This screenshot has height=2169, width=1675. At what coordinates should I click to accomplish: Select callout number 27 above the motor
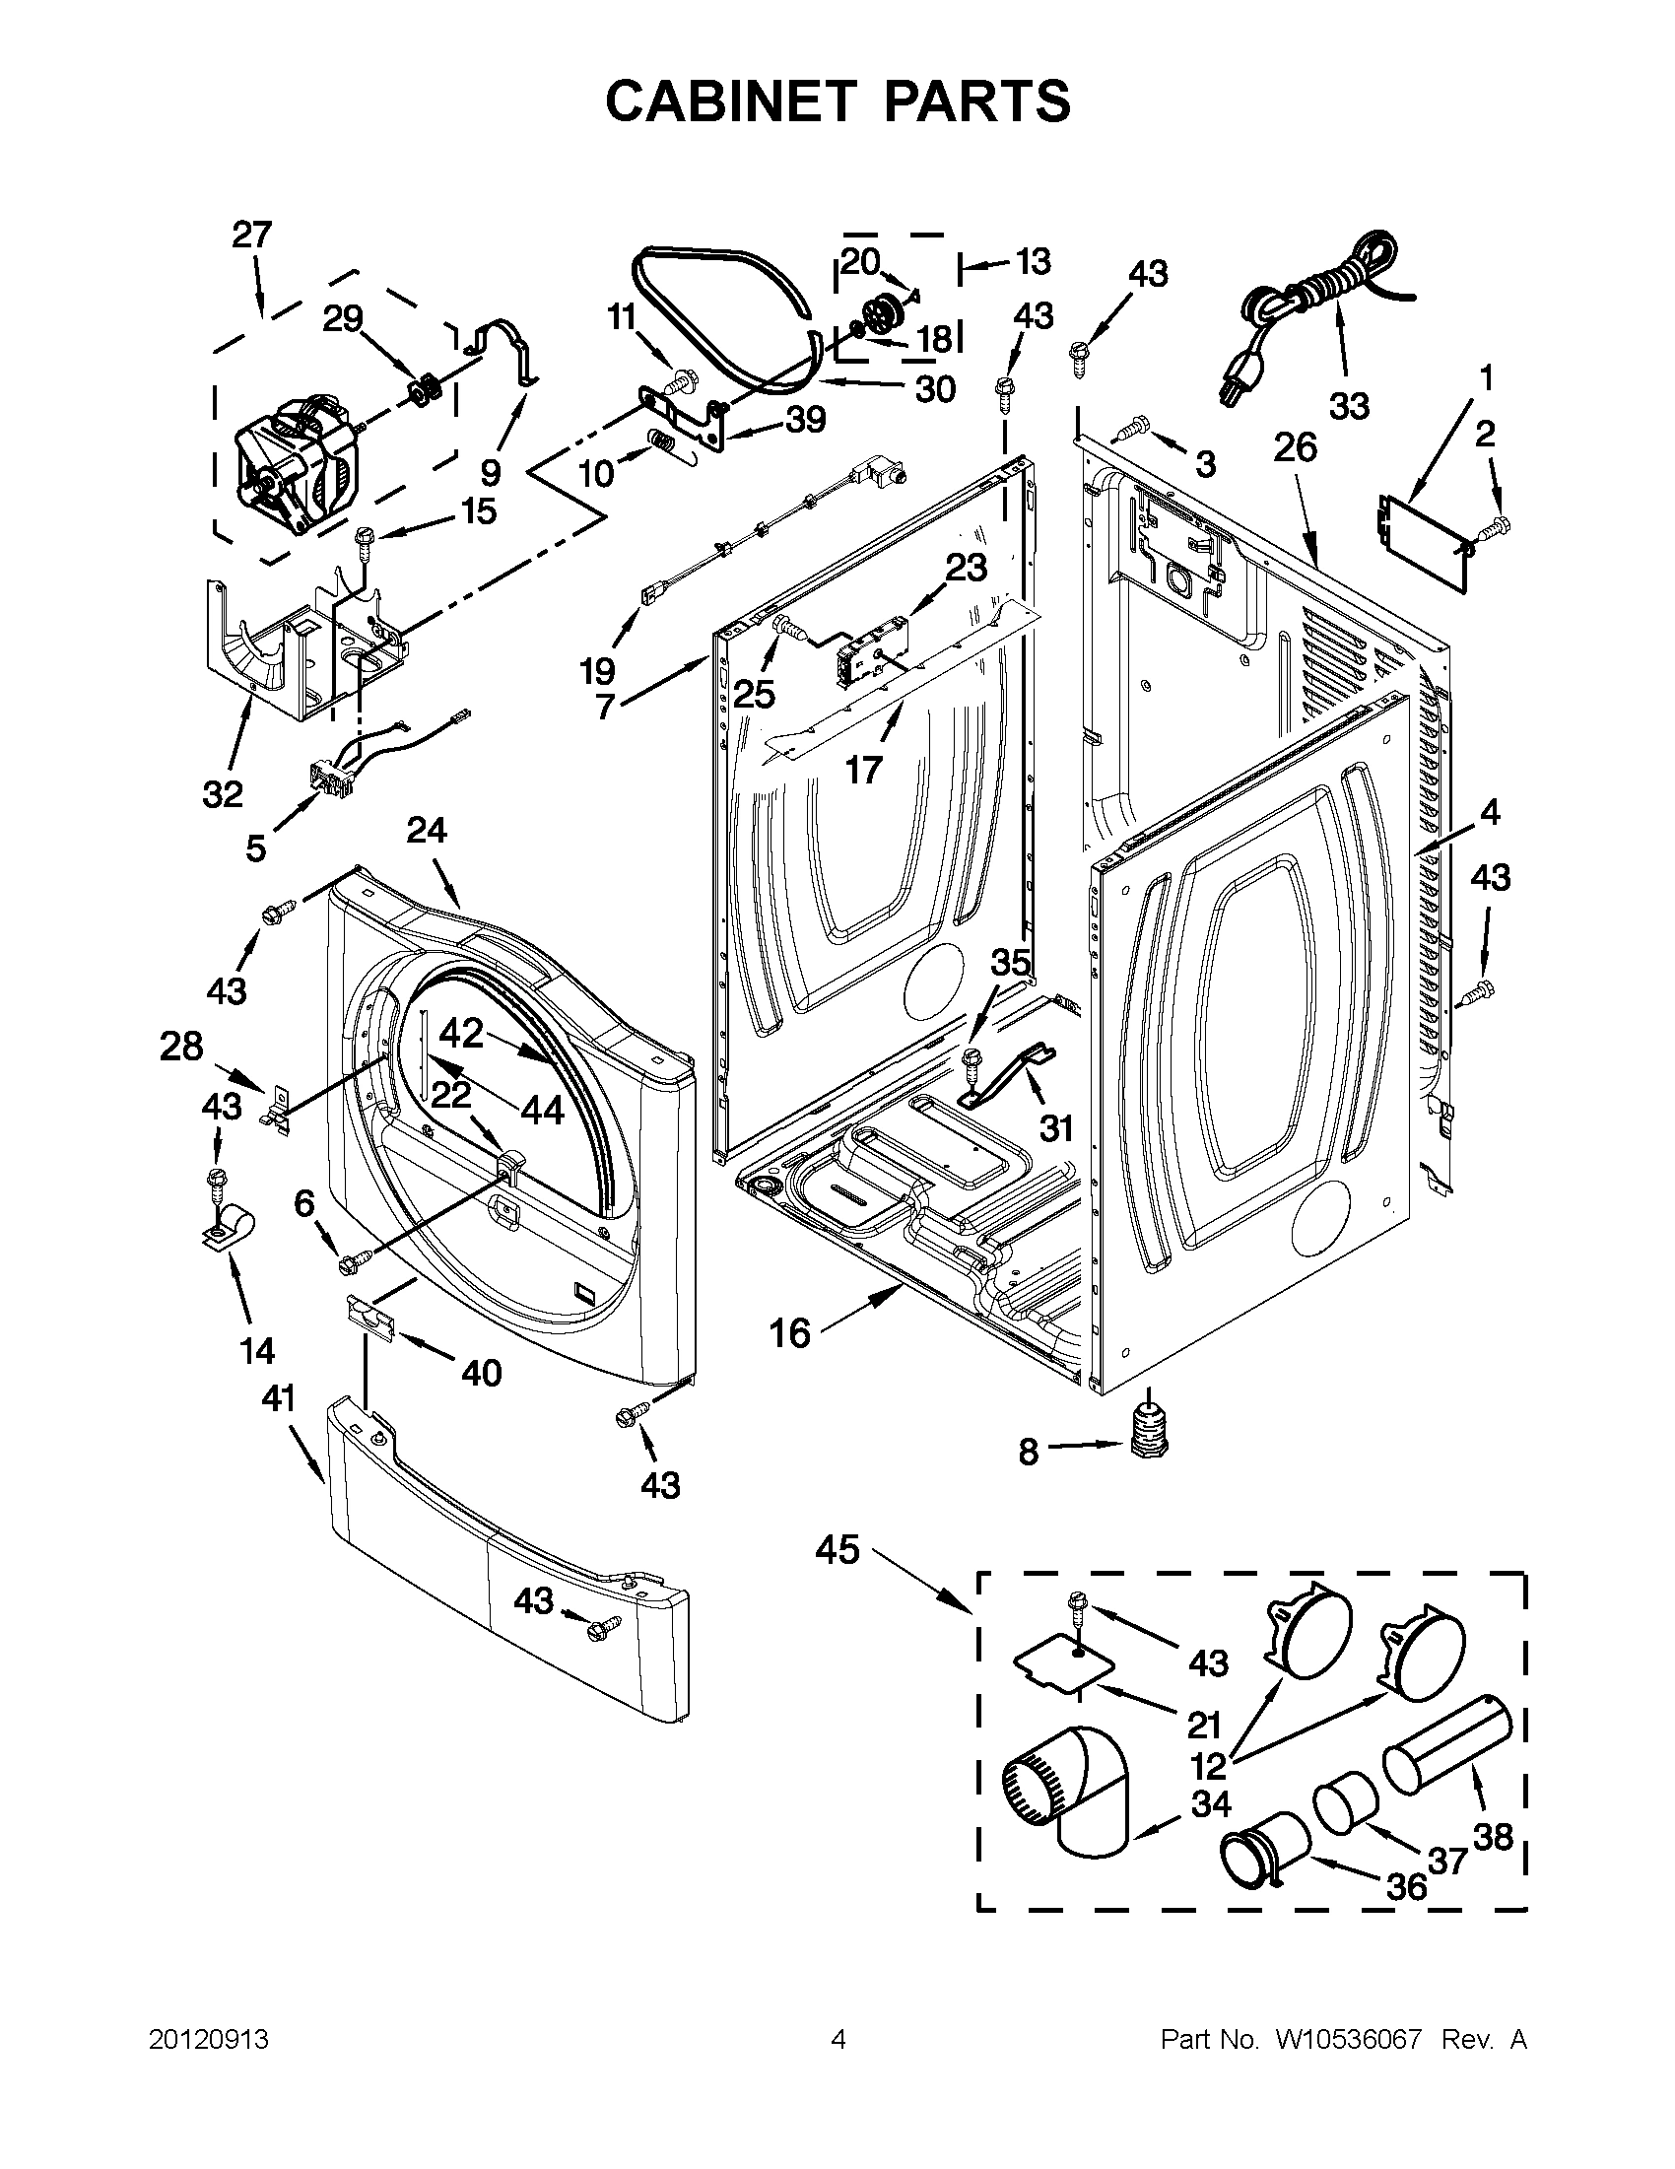pos(251,237)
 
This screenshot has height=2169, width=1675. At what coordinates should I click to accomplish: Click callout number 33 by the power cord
pos(1349,405)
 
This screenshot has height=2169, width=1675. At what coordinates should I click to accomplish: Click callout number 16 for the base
pos(790,1332)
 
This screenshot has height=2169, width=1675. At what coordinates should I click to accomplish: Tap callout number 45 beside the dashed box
pos(837,1549)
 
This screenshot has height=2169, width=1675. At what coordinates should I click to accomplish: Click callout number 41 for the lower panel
pos(278,1398)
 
